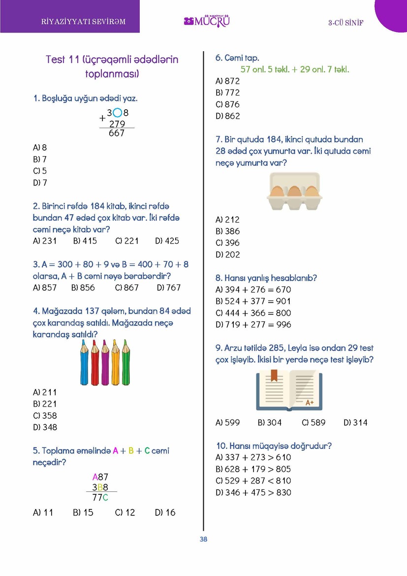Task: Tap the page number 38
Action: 203,539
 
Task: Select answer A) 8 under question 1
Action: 40,147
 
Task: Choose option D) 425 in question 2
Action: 167,241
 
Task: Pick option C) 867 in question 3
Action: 127,288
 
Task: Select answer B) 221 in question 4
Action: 45,404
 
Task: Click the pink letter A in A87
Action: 95,477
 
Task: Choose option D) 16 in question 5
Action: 165,512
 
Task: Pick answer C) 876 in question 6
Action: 228,104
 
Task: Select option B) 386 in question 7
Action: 228,231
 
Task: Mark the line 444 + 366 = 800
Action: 253,313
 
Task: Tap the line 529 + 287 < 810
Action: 253,480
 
